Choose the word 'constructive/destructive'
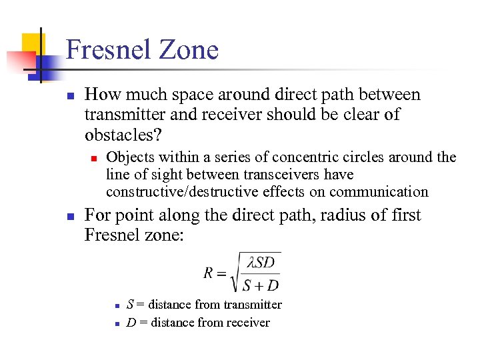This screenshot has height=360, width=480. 182,192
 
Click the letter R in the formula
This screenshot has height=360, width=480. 209,273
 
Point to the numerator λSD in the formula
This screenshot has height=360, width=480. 261,263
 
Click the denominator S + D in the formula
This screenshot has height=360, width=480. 261,285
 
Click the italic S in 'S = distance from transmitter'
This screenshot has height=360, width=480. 129,305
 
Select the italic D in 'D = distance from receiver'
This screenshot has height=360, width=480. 131,323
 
